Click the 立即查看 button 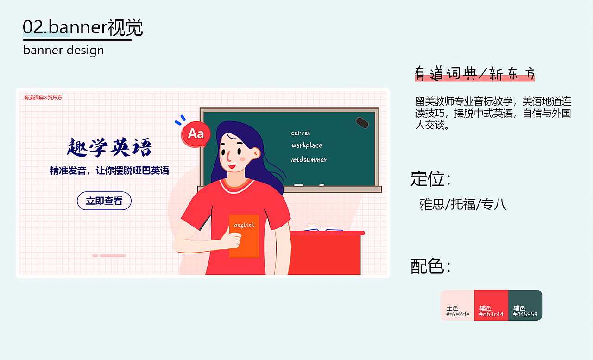pyautogui.click(x=104, y=201)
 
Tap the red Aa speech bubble pyautogui.click(x=196, y=134)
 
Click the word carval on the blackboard pyautogui.click(x=301, y=133)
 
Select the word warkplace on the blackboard pyautogui.click(x=307, y=145)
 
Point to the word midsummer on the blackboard pyautogui.click(x=309, y=160)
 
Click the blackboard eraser pyautogui.click(x=362, y=123)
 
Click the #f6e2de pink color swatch pyautogui.click(x=457, y=305)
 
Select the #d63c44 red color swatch pyautogui.click(x=491, y=305)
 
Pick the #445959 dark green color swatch pyautogui.click(x=525, y=305)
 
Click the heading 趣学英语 pyautogui.click(x=109, y=148)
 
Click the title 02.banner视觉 pyautogui.click(x=83, y=28)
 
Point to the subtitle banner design pyautogui.click(x=63, y=50)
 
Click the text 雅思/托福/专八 pyautogui.click(x=463, y=204)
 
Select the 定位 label pyautogui.click(x=430, y=179)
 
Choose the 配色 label pyautogui.click(x=430, y=266)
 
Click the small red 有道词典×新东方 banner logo pyautogui.click(x=43, y=98)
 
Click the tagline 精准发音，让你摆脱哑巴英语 pyautogui.click(x=109, y=171)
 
